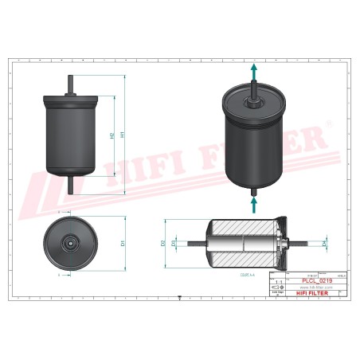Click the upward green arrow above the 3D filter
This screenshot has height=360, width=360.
tap(254, 72)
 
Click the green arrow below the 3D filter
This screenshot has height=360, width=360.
tap(254, 203)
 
